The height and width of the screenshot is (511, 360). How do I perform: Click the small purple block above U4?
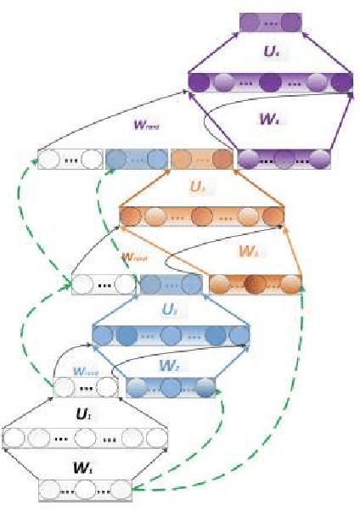[x=270, y=21]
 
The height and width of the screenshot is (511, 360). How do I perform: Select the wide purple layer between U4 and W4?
[x=270, y=82]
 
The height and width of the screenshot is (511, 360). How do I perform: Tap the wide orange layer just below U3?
[x=201, y=216]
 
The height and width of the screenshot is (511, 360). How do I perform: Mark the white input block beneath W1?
[x=86, y=490]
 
